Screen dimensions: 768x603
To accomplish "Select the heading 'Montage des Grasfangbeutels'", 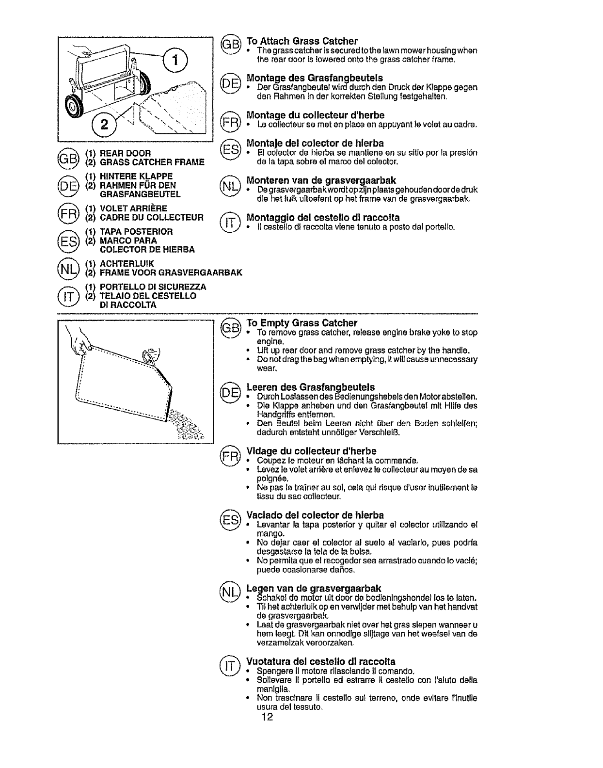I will tap(315, 78).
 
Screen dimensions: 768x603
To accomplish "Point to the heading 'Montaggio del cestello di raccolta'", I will tap(323, 217).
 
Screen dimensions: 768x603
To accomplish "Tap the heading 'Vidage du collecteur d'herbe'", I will tap(311, 451).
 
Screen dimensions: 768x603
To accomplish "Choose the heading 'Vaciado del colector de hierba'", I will tap(315, 515).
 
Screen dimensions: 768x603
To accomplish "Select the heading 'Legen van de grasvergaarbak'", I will tap(314, 588).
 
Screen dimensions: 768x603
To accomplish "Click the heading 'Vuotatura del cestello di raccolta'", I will tap(321, 661).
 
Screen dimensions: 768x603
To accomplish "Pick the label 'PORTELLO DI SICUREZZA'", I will tap(153, 287).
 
